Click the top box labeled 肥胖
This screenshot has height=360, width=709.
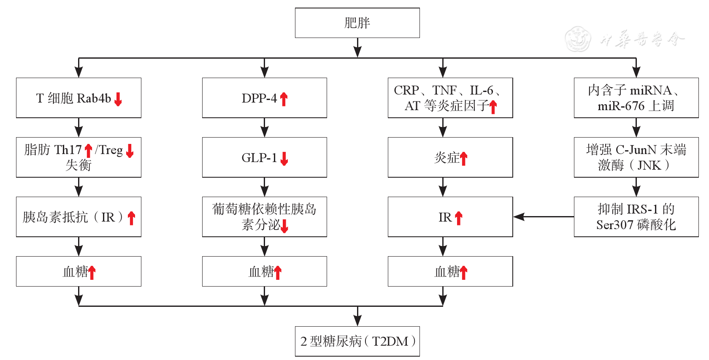click(357, 23)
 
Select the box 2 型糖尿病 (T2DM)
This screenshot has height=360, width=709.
click(357, 341)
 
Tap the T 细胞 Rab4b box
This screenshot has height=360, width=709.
click(78, 98)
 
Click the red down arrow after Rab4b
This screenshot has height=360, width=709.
click(118, 99)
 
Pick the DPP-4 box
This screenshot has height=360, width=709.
click(264, 98)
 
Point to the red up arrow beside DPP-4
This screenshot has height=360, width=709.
click(284, 99)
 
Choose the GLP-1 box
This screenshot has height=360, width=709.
click(264, 157)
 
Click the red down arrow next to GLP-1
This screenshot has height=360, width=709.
click(284, 159)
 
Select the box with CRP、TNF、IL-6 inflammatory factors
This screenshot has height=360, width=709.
click(450, 98)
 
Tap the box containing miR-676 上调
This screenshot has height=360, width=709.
click(636, 98)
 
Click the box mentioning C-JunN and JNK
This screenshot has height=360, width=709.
click(636, 157)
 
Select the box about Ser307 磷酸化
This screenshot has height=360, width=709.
click(636, 217)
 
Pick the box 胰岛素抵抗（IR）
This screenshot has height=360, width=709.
click(78, 217)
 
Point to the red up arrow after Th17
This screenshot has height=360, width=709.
click(88, 151)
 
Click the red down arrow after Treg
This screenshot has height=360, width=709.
click(130, 151)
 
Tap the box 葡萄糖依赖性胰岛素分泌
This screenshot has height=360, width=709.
click(264, 217)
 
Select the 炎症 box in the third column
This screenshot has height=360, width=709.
click(450, 157)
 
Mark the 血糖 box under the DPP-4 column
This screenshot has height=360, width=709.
click(264, 271)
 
